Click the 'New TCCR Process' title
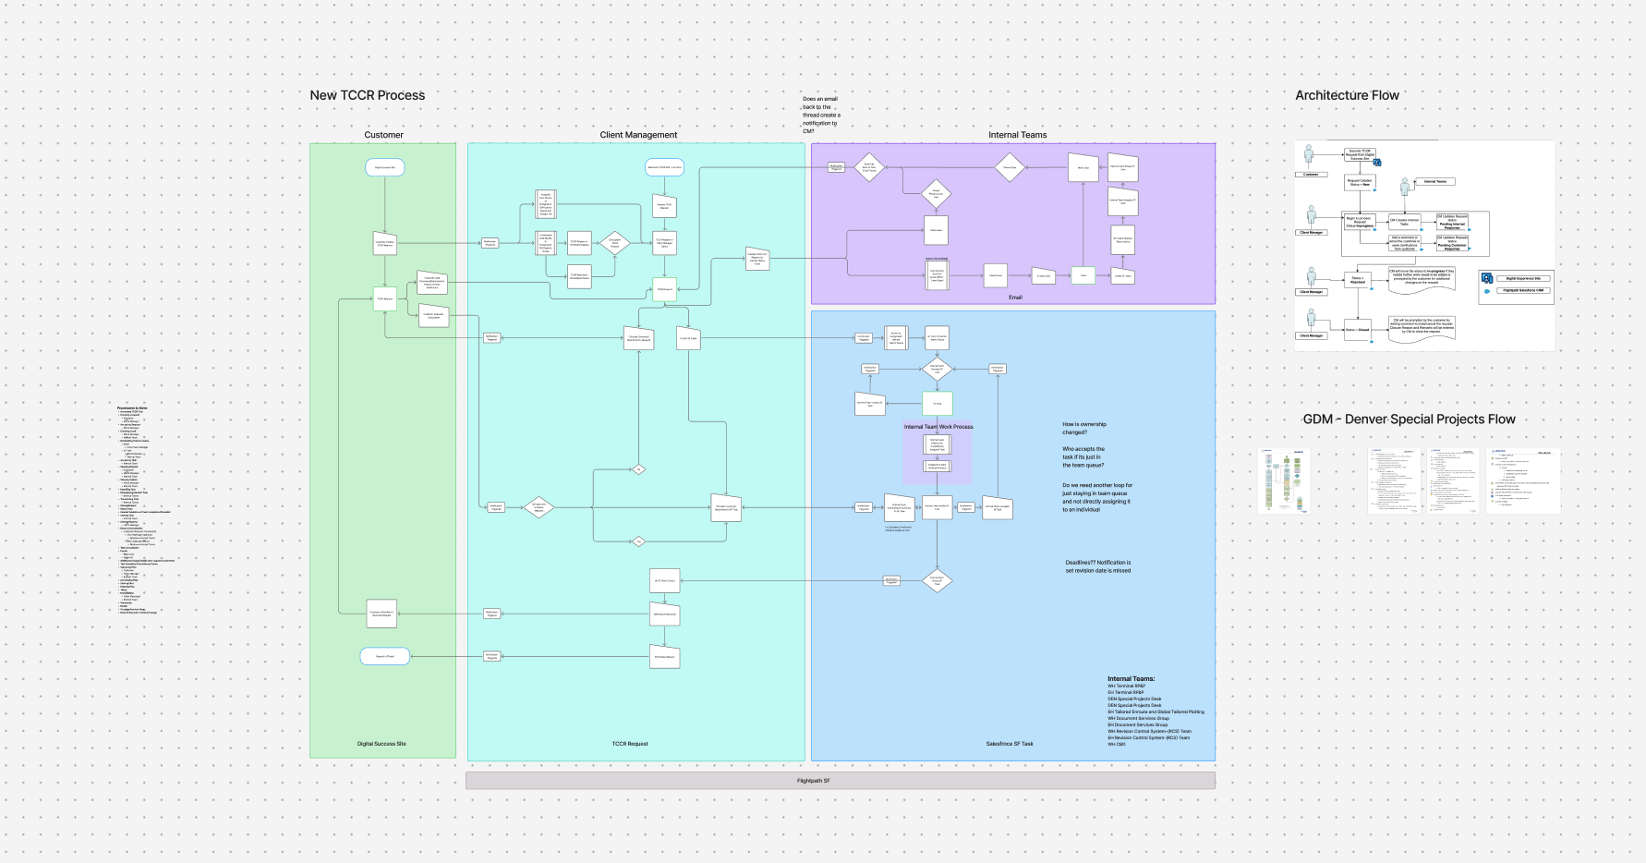pyautogui.click(x=367, y=95)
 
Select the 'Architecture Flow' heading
pyautogui.click(x=1346, y=95)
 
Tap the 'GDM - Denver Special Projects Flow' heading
pyautogui.click(x=1409, y=419)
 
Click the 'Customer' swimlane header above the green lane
pyautogui.click(x=383, y=135)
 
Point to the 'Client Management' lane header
pyautogui.click(x=638, y=135)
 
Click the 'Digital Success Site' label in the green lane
pyautogui.click(x=381, y=744)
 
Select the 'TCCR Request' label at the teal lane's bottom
pyautogui.click(x=630, y=744)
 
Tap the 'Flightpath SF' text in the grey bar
pyautogui.click(x=813, y=781)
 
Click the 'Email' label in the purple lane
pyautogui.click(x=1015, y=298)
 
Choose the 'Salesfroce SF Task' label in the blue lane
pyautogui.click(x=1010, y=744)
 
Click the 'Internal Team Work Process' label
pyautogui.click(x=938, y=427)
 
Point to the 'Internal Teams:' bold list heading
pyautogui.click(x=1131, y=679)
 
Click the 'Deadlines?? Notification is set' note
pyautogui.click(x=1097, y=566)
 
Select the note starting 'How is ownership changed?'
pyautogui.click(x=1084, y=428)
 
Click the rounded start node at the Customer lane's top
pyautogui.click(x=385, y=167)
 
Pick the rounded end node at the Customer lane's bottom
pyautogui.click(x=384, y=656)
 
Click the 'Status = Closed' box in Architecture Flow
pyautogui.click(x=1357, y=330)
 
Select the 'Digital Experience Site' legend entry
pyautogui.click(x=1523, y=278)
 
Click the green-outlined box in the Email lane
pyautogui.click(x=1083, y=275)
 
